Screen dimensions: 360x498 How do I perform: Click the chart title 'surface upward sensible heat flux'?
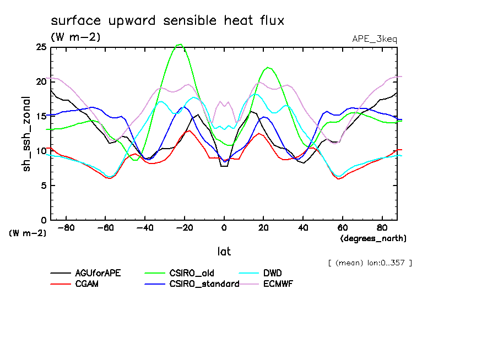(x=167, y=21)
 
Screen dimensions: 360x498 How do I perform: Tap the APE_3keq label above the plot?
(x=374, y=39)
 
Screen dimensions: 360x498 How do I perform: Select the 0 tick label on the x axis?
(x=224, y=227)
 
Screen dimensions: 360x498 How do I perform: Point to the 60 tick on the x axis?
(x=342, y=227)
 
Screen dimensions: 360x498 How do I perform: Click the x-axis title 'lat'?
(x=224, y=251)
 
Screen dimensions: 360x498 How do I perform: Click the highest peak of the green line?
(x=180, y=45)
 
